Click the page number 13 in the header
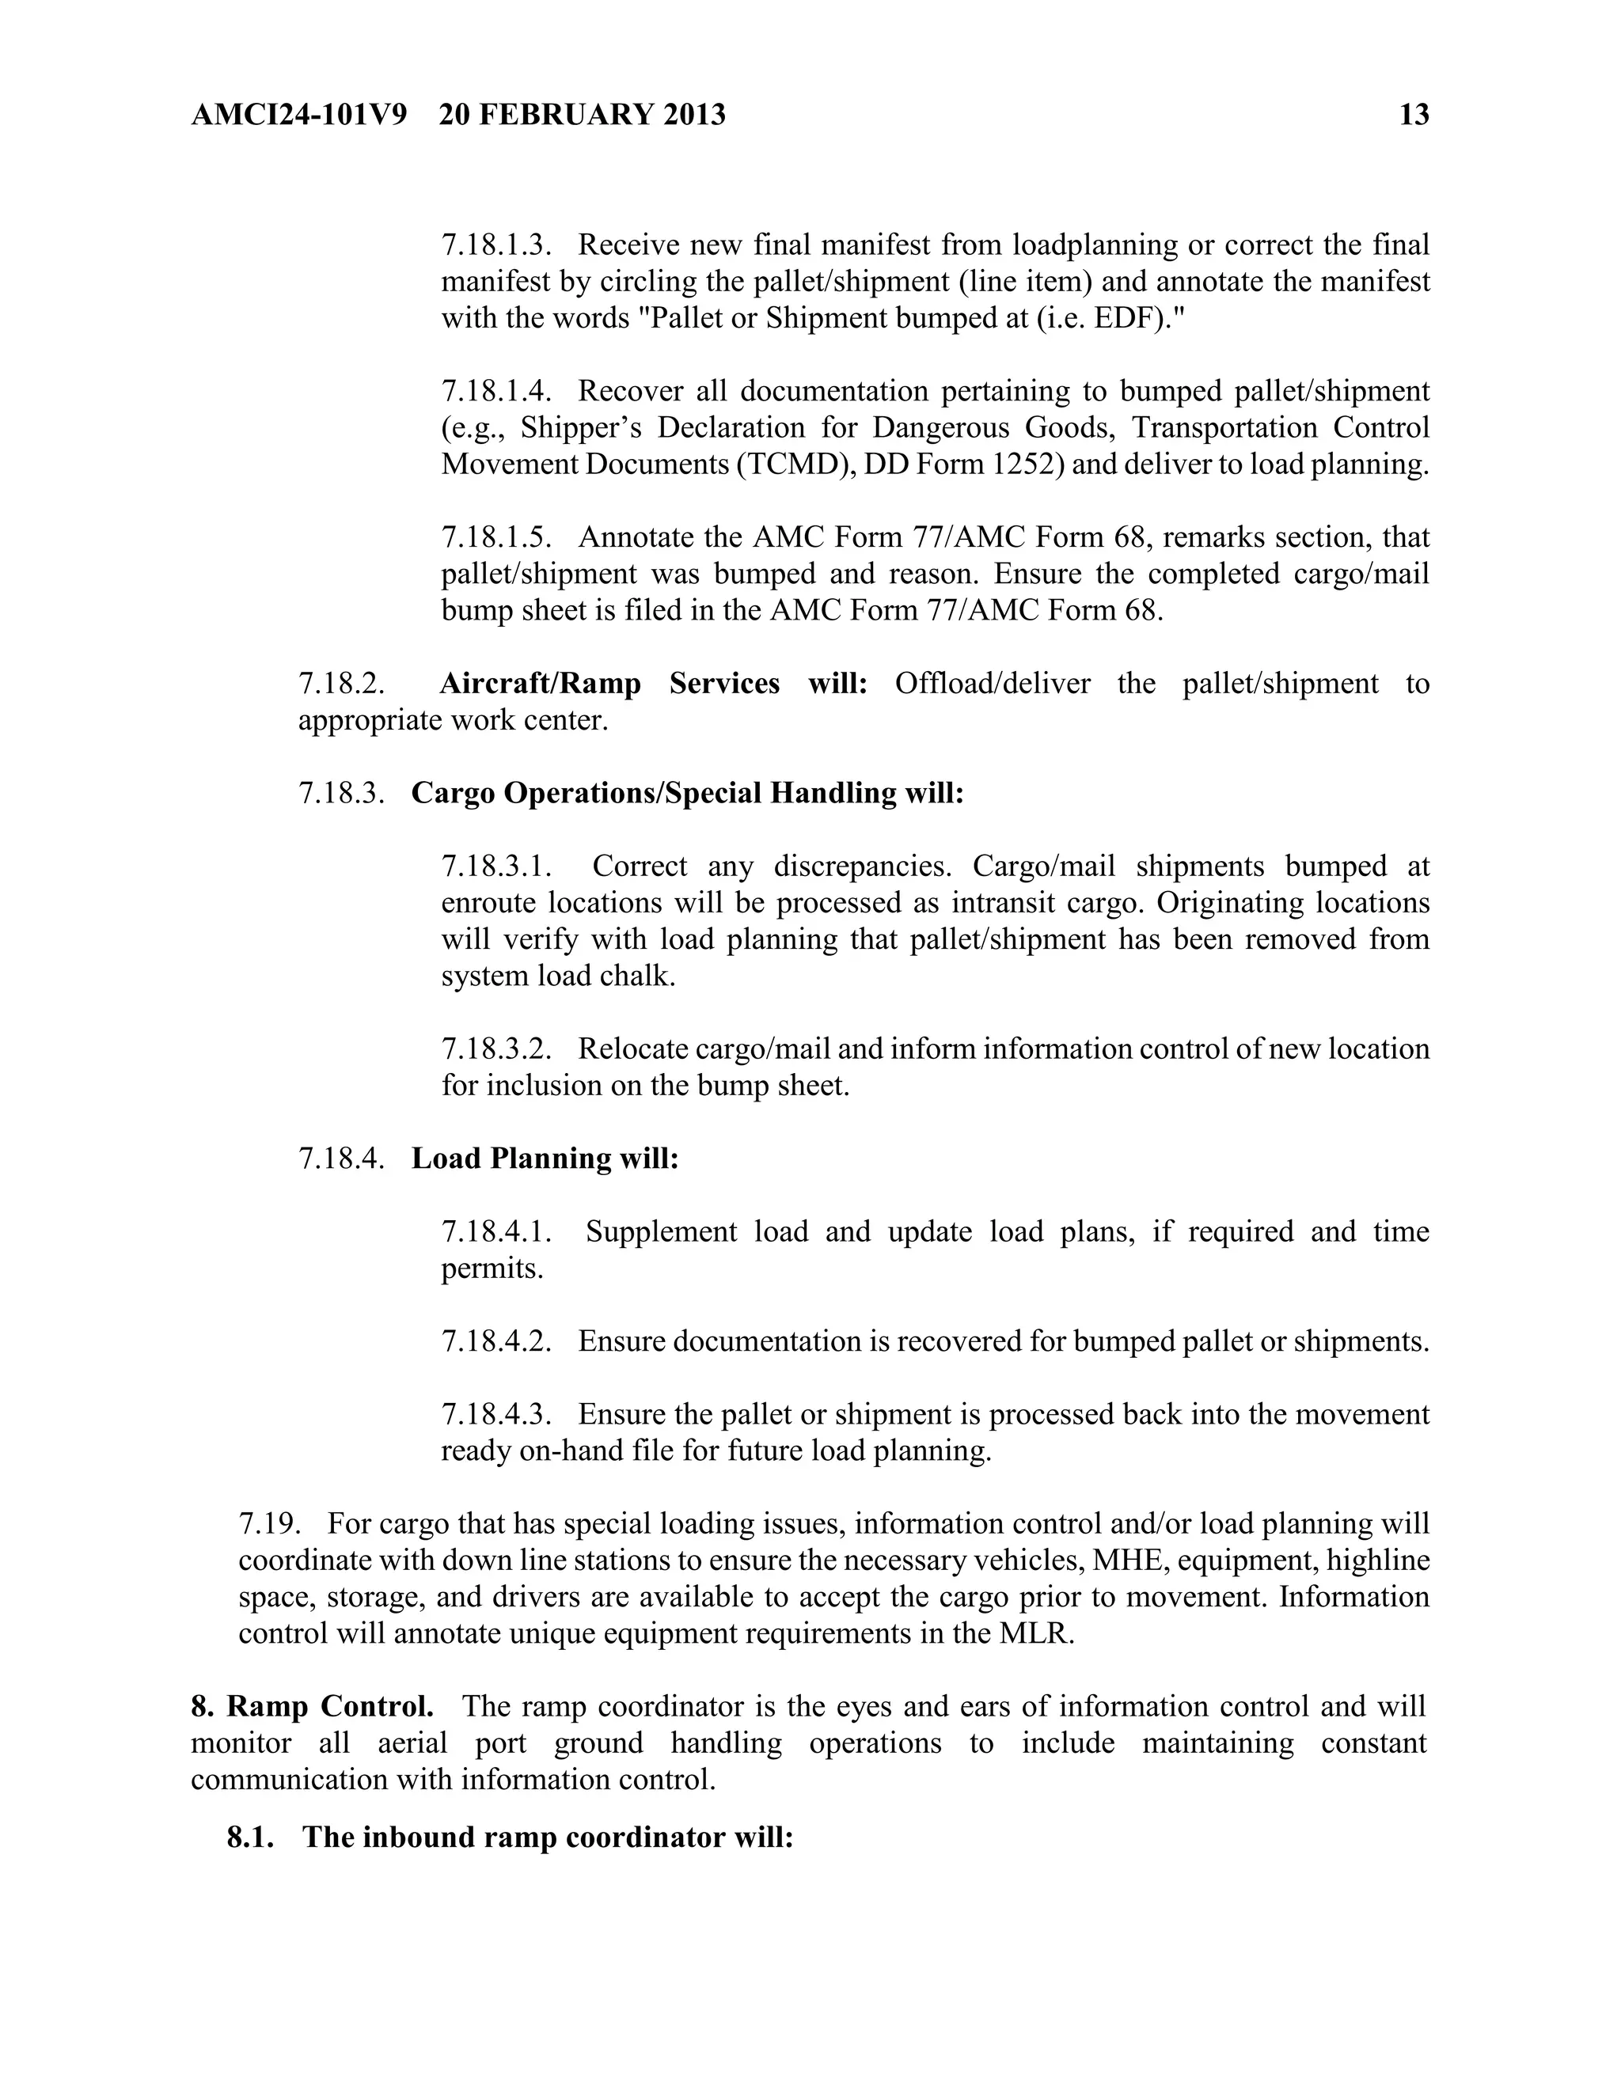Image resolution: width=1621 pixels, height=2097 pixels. (x=1414, y=116)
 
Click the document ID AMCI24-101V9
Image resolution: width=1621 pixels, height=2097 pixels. (x=298, y=116)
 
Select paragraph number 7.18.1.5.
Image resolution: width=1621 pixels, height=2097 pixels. (x=496, y=537)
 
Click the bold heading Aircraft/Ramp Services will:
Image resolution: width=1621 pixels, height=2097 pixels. (x=653, y=684)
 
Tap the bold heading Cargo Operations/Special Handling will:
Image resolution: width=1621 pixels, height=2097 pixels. (x=686, y=793)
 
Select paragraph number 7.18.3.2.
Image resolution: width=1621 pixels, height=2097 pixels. (x=496, y=1049)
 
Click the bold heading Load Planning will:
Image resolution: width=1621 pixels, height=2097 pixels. (x=545, y=1159)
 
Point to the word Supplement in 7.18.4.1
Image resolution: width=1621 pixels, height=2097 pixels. (x=661, y=1232)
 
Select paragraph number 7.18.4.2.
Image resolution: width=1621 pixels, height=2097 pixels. (x=496, y=1341)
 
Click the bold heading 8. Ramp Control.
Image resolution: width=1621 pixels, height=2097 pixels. (x=312, y=1706)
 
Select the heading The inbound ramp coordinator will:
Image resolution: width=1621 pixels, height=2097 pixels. (x=548, y=1837)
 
